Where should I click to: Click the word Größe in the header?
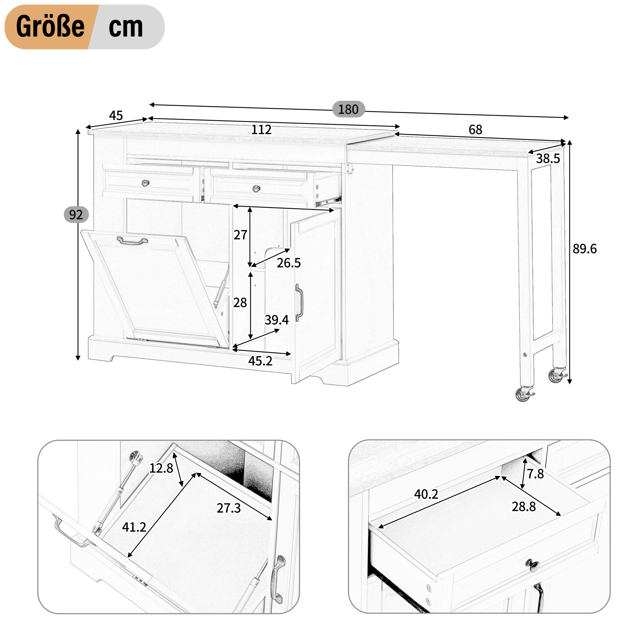(50, 27)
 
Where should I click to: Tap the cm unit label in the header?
(126, 28)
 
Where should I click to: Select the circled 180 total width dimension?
(348, 109)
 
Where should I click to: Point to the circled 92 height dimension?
(76, 215)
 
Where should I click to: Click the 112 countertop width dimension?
(261, 129)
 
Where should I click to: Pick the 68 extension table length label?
(475, 129)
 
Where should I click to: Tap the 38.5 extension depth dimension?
(548, 158)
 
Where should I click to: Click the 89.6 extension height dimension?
(584, 249)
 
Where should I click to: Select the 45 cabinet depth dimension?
(116, 116)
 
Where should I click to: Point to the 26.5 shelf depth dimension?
(289, 263)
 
